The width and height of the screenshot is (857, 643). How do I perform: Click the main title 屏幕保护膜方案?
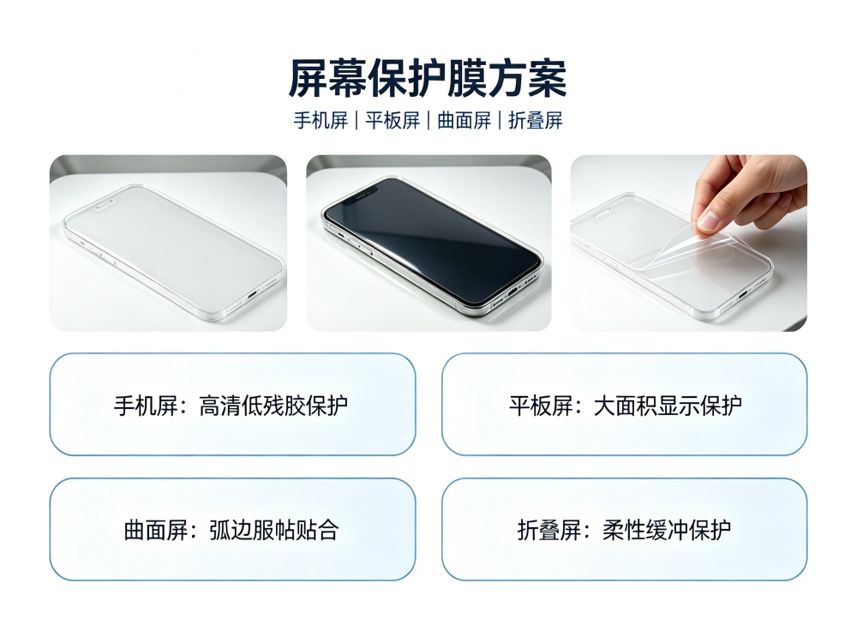tap(428, 79)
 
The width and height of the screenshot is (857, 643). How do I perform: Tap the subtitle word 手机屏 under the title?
tap(321, 120)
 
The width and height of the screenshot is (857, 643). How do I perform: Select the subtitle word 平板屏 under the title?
tap(393, 120)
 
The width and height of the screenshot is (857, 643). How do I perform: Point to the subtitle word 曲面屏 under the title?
tap(464, 120)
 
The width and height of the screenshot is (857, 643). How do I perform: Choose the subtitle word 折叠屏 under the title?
tap(536, 120)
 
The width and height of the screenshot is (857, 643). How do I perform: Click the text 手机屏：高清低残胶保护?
tap(231, 406)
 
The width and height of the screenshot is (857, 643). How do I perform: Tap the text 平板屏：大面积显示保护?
tap(626, 406)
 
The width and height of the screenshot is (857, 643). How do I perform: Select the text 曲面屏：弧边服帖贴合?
tap(231, 530)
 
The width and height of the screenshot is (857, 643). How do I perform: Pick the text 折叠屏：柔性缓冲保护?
tap(624, 530)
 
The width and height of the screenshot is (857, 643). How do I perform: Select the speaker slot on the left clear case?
tap(104, 205)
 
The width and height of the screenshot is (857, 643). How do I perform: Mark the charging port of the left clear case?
tap(252, 294)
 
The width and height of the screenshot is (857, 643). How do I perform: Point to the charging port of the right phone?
tap(743, 296)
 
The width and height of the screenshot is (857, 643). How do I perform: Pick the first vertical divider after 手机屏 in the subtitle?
tap(357, 120)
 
